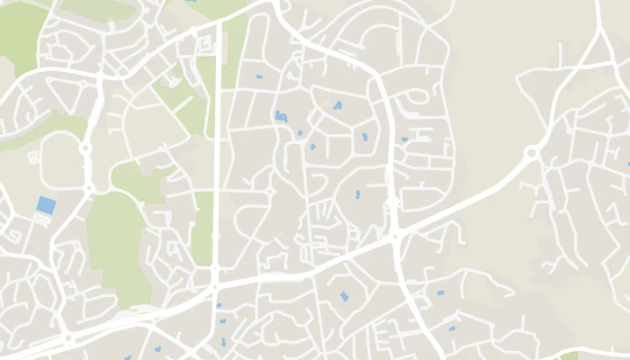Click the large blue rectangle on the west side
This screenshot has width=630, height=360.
point(45,205)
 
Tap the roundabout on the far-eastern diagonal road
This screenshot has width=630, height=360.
point(531,154)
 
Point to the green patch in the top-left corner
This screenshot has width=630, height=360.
point(20,36)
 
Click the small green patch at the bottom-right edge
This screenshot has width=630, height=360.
point(569,355)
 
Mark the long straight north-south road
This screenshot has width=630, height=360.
point(219,135)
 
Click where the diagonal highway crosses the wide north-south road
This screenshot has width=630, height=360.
point(395,237)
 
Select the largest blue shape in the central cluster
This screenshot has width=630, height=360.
point(281,117)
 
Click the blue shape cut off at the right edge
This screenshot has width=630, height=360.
point(627,165)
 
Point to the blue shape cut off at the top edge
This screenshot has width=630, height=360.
point(192,2)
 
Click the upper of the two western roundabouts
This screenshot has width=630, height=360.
point(85,148)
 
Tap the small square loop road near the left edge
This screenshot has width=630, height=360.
point(33,157)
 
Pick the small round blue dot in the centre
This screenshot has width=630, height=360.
point(300,133)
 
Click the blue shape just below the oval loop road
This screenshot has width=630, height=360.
point(405,139)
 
